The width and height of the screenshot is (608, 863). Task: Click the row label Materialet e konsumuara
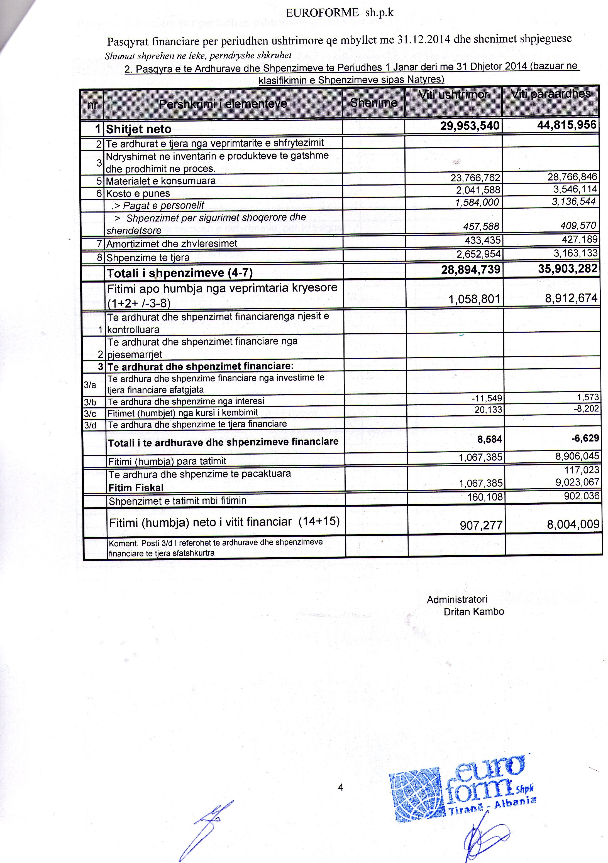(x=161, y=181)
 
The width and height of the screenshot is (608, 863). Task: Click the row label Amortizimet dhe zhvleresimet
(x=172, y=243)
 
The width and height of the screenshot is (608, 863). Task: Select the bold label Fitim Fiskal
(x=136, y=488)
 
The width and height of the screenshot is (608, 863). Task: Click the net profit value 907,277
(x=481, y=525)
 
